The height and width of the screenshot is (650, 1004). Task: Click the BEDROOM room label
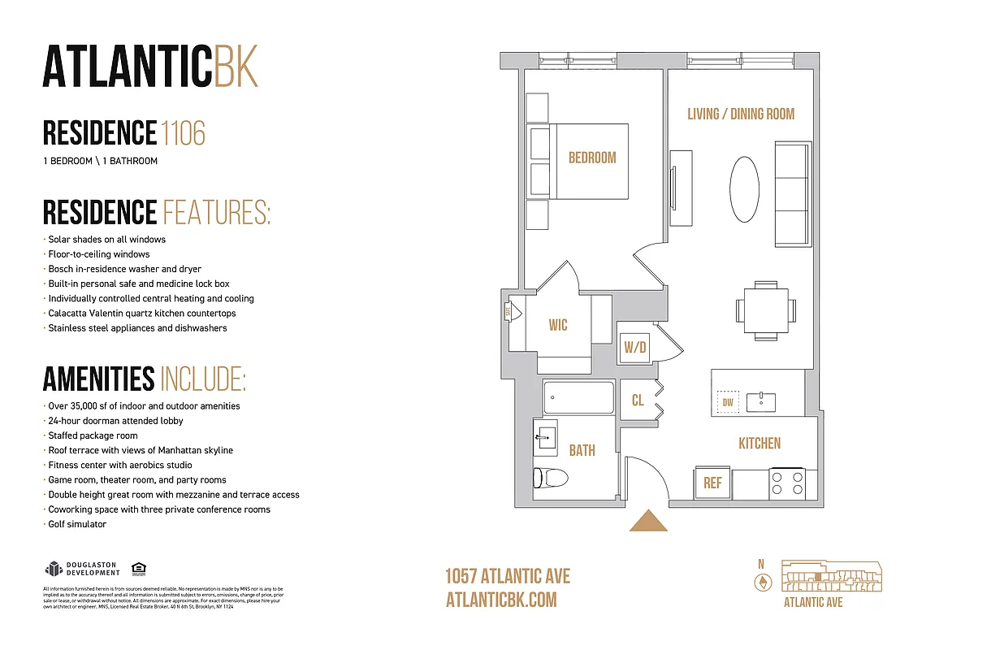pyautogui.click(x=591, y=158)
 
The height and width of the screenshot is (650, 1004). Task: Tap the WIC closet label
pyautogui.click(x=558, y=326)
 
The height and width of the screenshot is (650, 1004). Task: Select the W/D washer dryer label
pyautogui.click(x=635, y=349)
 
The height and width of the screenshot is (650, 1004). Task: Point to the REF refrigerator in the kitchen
pyautogui.click(x=712, y=483)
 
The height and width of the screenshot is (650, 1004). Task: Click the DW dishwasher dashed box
pyautogui.click(x=728, y=402)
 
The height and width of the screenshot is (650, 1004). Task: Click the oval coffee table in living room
pyautogui.click(x=745, y=188)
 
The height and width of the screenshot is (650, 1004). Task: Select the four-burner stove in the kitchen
pyautogui.click(x=786, y=483)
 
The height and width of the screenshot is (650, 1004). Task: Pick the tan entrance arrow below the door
pyautogui.click(x=648, y=521)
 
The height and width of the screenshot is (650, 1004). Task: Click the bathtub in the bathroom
pyautogui.click(x=578, y=398)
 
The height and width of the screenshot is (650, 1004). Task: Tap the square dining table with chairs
pyautogui.click(x=765, y=310)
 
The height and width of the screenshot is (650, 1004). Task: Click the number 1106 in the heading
pyautogui.click(x=183, y=133)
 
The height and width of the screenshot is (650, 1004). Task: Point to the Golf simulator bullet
pyautogui.click(x=77, y=524)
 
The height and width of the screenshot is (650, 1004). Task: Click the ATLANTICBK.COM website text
pyautogui.click(x=501, y=600)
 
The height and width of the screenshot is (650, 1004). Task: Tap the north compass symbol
pyautogui.click(x=762, y=582)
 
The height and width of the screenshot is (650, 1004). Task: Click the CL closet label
pyautogui.click(x=638, y=401)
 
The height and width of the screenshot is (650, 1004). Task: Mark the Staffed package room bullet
pyautogui.click(x=93, y=435)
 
